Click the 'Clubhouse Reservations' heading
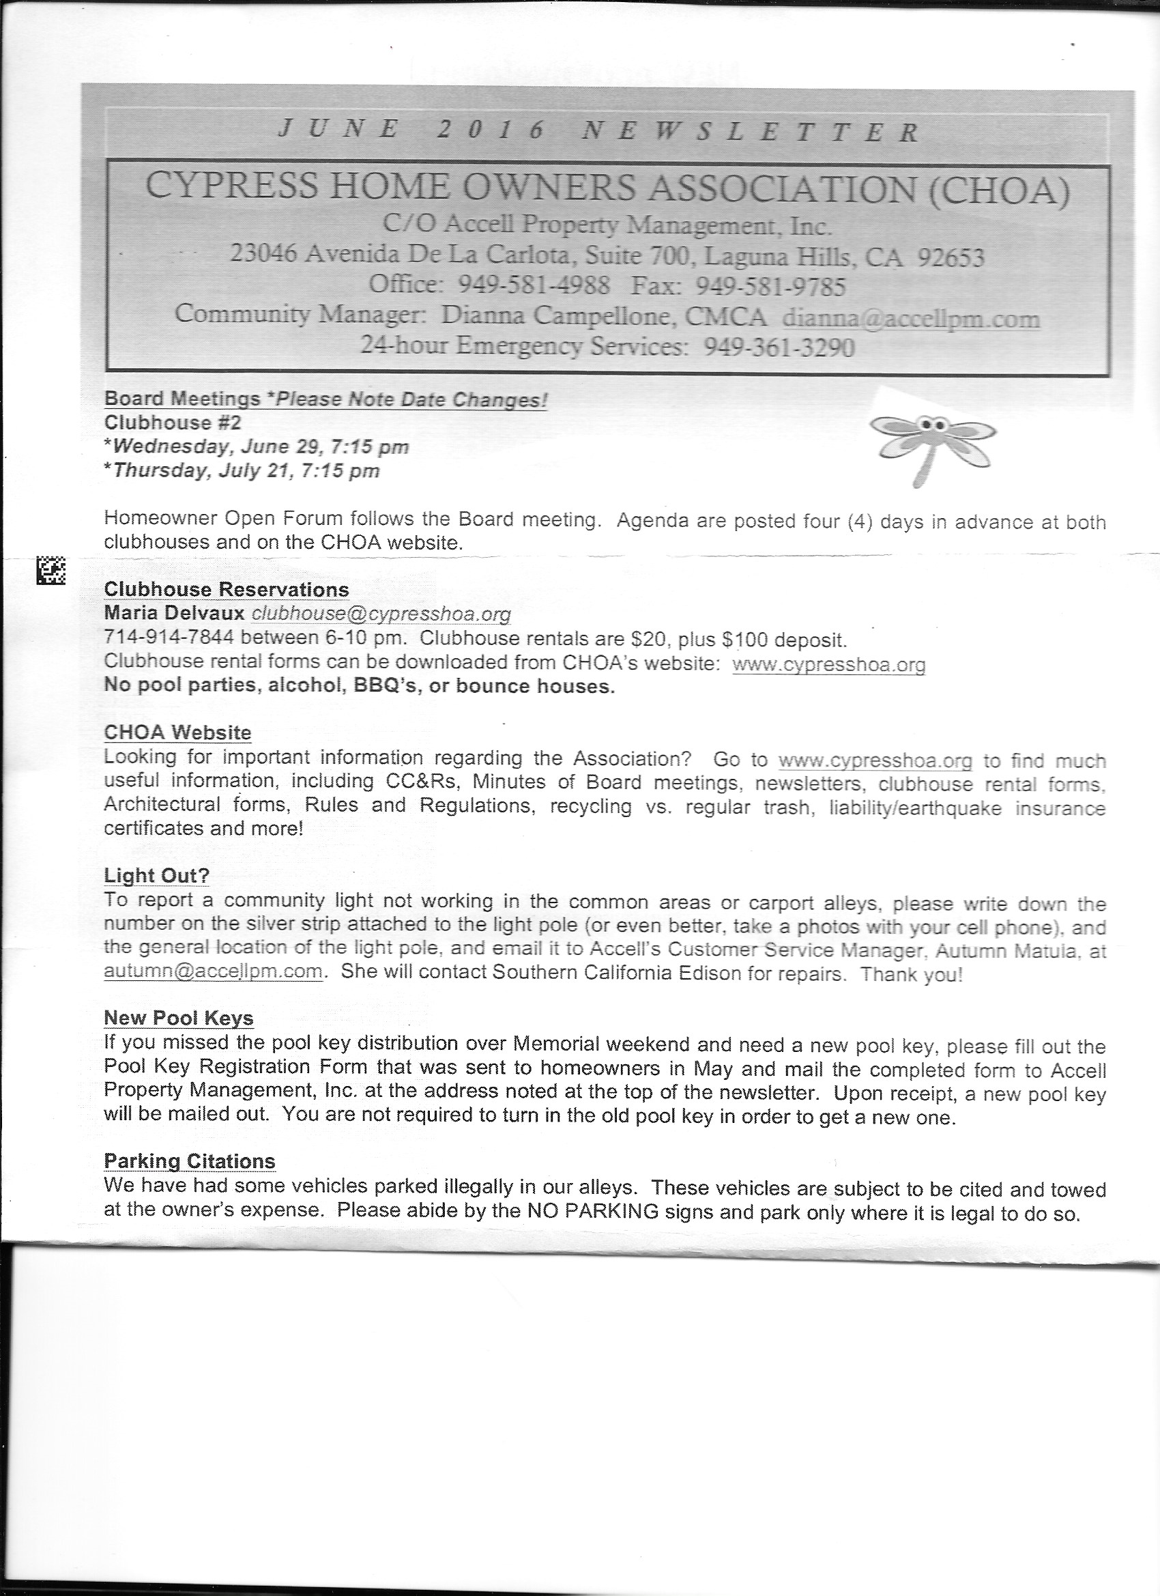(226, 589)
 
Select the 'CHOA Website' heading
(177, 732)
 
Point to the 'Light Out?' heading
(156, 875)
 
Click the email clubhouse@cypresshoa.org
(381, 614)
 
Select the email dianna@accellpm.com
(911, 319)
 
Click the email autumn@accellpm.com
(212, 972)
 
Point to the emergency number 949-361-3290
(779, 347)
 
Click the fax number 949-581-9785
(770, 286)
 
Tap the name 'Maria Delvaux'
(174, 614)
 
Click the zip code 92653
(951, 257)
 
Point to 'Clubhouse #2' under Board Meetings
(158, 423)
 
